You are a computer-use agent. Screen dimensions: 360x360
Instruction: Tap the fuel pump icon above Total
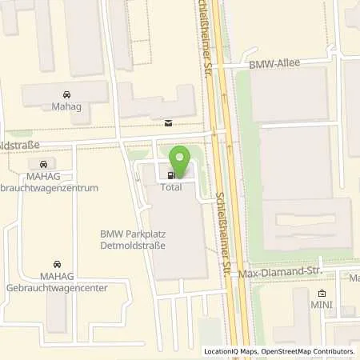coord(170,175)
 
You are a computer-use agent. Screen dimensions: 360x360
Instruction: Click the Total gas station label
coord(171,187)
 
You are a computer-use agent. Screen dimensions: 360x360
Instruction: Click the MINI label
coord(322,306)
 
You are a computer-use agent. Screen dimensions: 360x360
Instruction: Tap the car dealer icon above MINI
coord(322,294)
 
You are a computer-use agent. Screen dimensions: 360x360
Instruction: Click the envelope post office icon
coord(168,123)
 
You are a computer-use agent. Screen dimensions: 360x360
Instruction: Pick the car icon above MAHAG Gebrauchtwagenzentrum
coord(54,164)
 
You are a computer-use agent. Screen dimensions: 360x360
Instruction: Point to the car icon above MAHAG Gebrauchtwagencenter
coord(56,263)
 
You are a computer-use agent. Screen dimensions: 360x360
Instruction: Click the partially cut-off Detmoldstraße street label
coord(18,148)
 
